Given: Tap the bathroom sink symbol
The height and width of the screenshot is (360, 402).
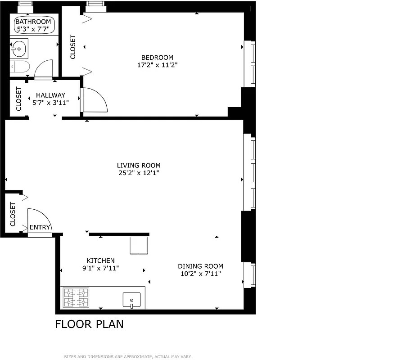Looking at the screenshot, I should (19, 48).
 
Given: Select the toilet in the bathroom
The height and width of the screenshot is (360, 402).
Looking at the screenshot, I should (20, 67).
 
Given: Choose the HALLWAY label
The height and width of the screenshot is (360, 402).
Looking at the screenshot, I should (50, 95).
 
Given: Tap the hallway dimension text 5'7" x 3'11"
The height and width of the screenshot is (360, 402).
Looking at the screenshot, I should (50, 103).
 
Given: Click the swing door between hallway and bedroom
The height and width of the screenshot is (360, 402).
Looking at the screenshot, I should (93, 99).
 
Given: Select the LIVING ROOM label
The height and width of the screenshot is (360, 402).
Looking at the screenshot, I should (139, 166).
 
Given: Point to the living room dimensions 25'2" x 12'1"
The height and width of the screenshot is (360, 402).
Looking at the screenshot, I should (139, 173).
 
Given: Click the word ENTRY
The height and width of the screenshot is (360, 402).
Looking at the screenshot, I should (40, 228).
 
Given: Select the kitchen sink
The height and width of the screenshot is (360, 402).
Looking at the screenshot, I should (131, 300).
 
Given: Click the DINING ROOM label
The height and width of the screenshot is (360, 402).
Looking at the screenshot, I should (200, 266).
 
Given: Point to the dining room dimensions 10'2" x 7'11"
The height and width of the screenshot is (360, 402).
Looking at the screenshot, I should (200, 274).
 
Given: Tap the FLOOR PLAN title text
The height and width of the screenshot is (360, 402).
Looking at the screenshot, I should (89, 324).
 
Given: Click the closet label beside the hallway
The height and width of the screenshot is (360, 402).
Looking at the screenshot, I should (19, 99).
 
